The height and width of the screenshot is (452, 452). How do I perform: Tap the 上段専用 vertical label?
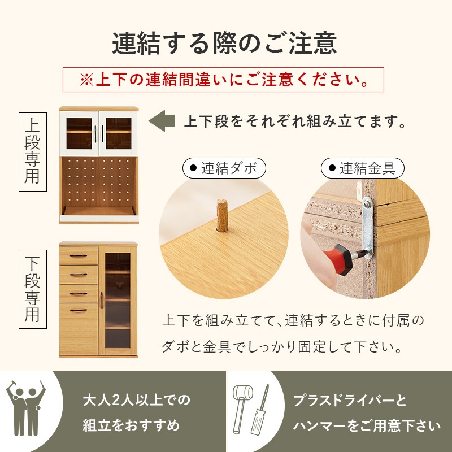pos(32,151)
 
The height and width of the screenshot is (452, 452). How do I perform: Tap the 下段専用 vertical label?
pos(32,289)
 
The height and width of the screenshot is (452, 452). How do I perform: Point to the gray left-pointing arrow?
pos(161,121)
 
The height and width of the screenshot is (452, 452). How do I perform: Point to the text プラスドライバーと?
pos(350,401)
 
